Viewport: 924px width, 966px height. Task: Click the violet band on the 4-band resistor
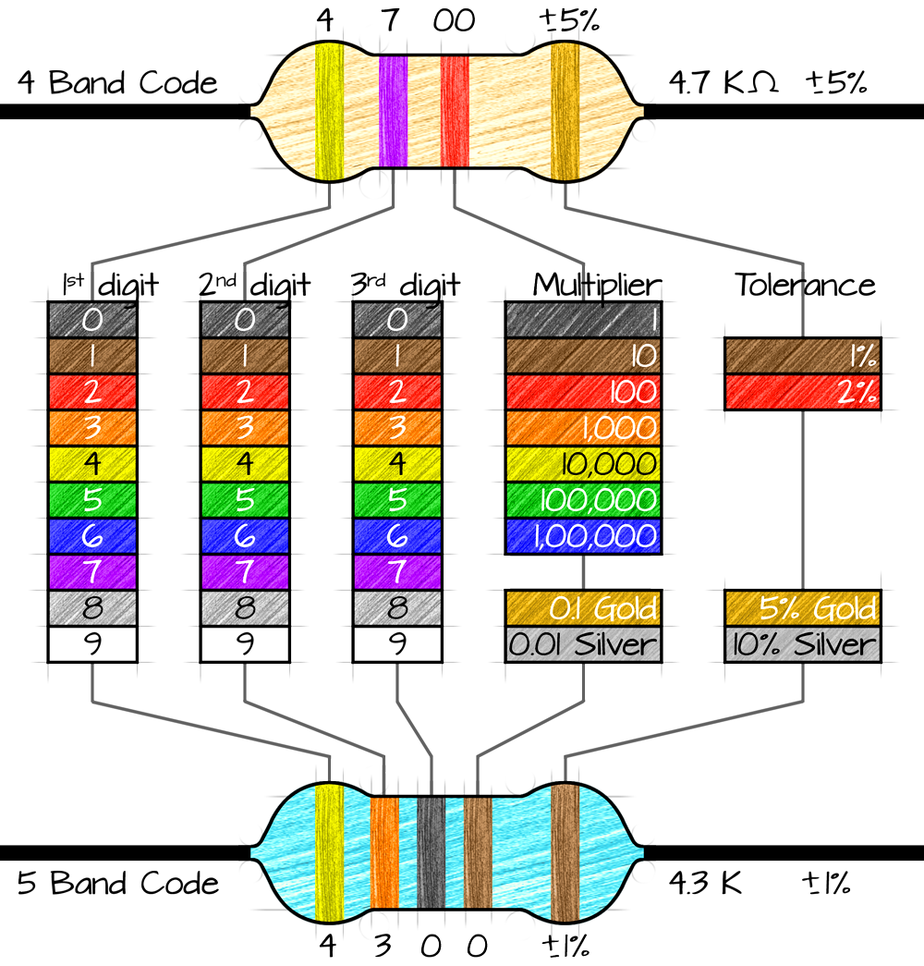tap(393, 112)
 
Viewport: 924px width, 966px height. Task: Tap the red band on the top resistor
tap(455, 112)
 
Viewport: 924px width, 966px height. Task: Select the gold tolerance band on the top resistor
tap(565, 112)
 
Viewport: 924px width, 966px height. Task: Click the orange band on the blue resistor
tap(384, 852)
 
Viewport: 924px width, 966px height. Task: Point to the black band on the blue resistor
tap(431, 852)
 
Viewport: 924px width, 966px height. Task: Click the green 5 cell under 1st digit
tap(92, 499)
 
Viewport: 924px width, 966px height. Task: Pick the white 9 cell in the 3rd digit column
tap(397, 644)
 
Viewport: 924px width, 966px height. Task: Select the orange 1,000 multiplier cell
tap(583, 428)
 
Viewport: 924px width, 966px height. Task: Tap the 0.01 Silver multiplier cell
tap(583, 644)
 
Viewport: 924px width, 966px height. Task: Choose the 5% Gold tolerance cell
tap(803, 608)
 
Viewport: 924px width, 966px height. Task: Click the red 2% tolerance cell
tap(803, 392)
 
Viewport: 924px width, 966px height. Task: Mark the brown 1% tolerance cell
tap(803, 356)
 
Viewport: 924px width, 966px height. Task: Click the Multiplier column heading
tap(597, 286)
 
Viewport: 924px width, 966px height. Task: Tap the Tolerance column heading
tap(805, 286)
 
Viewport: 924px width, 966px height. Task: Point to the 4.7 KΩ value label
tap(723, 82)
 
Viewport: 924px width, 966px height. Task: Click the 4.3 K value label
tap(706, 883)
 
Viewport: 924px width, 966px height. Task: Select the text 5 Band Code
tap(117, 883)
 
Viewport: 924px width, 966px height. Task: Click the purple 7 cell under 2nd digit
tap(245, 571)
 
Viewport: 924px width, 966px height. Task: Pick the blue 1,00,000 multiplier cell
tap(583, 536)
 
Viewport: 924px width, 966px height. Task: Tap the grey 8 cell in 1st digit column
tap(92, 608)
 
